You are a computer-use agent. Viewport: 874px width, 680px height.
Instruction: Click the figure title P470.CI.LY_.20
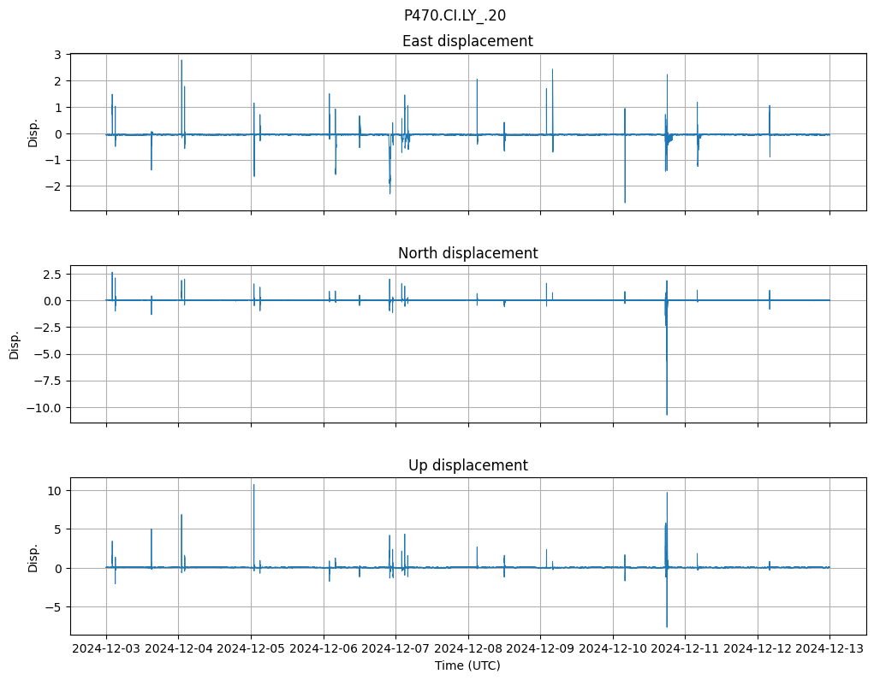click(x=455, y=15)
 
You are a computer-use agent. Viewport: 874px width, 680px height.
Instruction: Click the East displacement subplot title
click(x=467, y=41)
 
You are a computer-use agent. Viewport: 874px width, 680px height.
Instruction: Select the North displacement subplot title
click(x=467, y=253)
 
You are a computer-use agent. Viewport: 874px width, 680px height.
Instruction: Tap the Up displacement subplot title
click(x=467, y=465)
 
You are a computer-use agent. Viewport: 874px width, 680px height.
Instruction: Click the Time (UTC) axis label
click(x=467, y=665)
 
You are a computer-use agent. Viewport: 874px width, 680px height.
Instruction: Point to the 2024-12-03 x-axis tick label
click(x=106, y=648)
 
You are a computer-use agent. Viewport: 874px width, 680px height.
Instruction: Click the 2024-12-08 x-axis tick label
click(x=467, y=648)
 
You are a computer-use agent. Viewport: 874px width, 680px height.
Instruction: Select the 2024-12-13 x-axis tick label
click(x=829, y=648)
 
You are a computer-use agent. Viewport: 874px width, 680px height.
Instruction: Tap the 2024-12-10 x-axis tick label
click(x=613, y=648)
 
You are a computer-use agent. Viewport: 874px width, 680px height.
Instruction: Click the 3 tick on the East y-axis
click(x=57, y=55)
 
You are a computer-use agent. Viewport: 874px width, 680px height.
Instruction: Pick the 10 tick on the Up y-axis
click(x=54, y=491)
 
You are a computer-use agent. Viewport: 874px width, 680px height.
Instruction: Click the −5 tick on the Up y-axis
click(x=54, y=607)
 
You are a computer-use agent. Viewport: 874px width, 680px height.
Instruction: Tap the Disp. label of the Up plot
click(x=33, y=557)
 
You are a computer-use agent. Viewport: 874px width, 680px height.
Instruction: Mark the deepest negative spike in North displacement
click(x=667, y=414)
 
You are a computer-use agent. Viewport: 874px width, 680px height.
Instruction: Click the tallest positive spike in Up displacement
click(x=253, y=485)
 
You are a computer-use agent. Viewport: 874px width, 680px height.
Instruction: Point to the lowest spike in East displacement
click(x=625, y=202)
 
